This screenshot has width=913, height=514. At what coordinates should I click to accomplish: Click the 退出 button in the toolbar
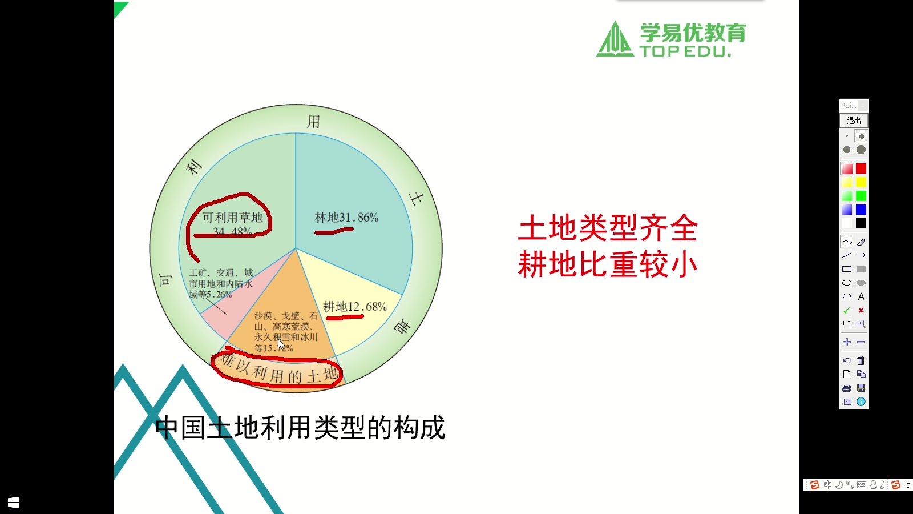click(x=854, y=121)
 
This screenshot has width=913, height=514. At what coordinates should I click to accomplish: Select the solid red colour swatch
click(x=861, y=168)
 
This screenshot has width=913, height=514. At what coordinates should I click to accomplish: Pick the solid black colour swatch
click(x=861, y=223)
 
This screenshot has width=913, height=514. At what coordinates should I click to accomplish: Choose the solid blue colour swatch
click(x=861, y=210)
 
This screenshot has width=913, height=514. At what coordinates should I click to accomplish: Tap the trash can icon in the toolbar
click(x=861, y=360)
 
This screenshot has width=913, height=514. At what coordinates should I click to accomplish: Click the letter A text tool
click(x=861, y=296)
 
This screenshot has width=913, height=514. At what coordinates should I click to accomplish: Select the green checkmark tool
click(x=847, y=310)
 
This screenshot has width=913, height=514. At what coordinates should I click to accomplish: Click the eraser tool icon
click(x=861, y=242)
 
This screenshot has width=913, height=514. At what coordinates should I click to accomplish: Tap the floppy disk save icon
click(x=861, y=388)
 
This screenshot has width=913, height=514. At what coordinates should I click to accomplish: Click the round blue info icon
click(x=861, y=401)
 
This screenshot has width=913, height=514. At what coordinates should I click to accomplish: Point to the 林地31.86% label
click(x=346, y=218)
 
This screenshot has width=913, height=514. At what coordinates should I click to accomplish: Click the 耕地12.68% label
click(x=355, y=307)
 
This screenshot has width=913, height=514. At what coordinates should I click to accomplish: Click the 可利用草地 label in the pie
click(x=232, y=218)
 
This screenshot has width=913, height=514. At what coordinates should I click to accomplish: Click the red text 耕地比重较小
click(x=608, y=265)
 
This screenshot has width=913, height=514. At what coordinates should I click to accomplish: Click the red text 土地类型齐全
click(x=608, y=228)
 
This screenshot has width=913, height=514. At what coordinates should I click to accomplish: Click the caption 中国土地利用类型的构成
click(x=300, y=428)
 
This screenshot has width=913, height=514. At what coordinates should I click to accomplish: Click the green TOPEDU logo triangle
click(x=615, y=39)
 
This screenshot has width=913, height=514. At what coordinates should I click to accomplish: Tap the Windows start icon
click(x=14, y=503)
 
